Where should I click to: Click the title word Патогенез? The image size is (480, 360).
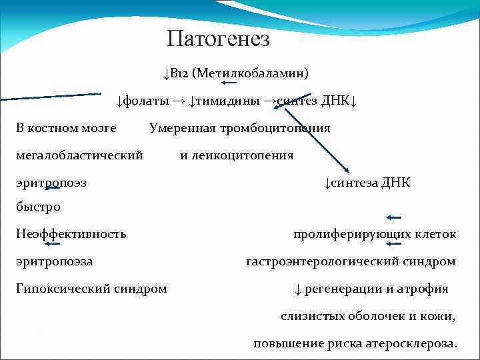[x=219, y=39]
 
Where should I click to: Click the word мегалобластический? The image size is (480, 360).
[x=79, y=155]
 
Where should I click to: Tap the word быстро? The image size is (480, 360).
[x=38, y=207]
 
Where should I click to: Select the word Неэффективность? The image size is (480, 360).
[x=71, y=234]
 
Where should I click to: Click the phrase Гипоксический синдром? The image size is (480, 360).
[x=91, y=289]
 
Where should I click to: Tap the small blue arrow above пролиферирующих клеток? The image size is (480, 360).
[x=393, y=217]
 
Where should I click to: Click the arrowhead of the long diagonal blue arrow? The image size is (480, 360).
[x=349, y=171]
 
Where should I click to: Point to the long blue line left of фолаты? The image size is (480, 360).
[x=51, y=97]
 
